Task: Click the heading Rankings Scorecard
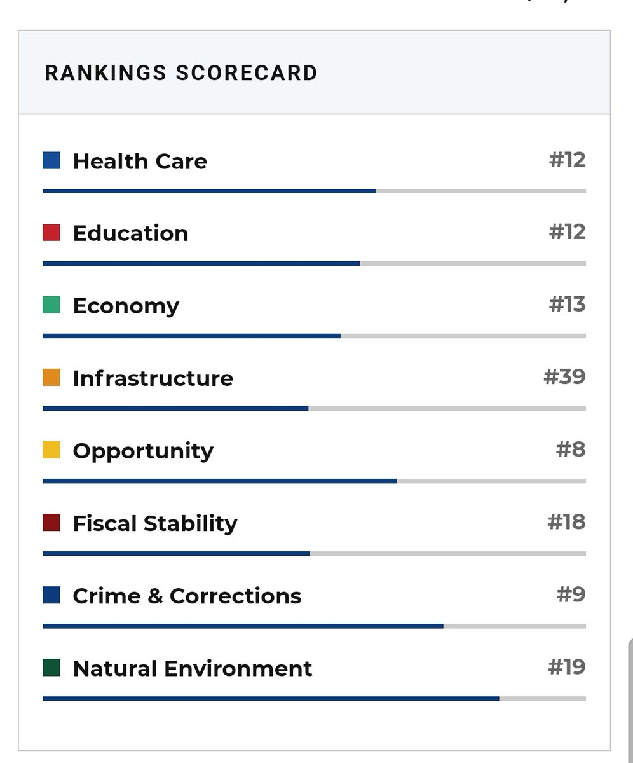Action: pos(181,72)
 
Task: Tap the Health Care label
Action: pos(140,161)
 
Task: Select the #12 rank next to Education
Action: pos(567,232)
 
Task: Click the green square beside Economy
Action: pos(51,305)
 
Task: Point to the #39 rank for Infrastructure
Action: pos(564,377)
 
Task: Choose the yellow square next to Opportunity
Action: pos(51,450)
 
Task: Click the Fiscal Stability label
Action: pos(155,523)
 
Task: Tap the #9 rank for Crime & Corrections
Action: pos(571,595)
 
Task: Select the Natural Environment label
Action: pos(193,668)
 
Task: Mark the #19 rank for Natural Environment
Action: pos(566,667)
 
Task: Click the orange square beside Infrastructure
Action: pos(51,378)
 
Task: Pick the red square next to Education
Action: pos(51,233)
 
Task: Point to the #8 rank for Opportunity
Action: pos(571,450)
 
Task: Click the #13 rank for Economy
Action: pos(567,305)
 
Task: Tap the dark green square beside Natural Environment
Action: pos(51,668)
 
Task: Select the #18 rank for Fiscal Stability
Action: pos(566,522)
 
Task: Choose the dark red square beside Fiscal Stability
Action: pos(51,523)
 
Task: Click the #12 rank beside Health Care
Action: pos(567,160)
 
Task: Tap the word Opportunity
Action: pos(143,451)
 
